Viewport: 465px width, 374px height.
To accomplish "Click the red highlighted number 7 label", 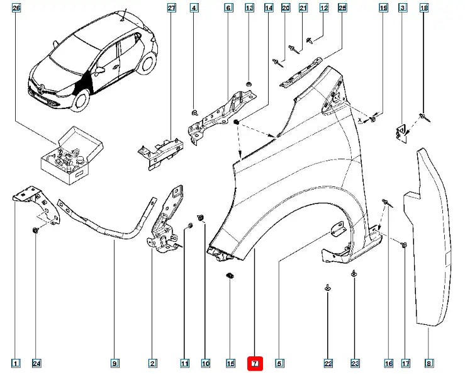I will (x=255, y=363).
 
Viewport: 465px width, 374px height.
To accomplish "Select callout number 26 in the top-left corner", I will (x=16, y=8).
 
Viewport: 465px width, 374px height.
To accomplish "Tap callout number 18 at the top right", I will (x=424, y=8).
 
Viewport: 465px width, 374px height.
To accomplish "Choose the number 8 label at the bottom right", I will (x=429, y=363).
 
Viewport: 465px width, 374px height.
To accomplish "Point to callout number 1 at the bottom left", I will (x=16, y=363).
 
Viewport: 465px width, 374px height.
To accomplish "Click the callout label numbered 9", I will (x=115, y=363).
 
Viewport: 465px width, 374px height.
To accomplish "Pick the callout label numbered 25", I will (x=342, y=8).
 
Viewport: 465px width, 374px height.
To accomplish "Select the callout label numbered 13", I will (x=249, y=8).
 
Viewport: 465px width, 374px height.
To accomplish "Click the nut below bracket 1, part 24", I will (x=36, y=231).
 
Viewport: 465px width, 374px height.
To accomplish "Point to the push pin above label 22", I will (x=328, y=287).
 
